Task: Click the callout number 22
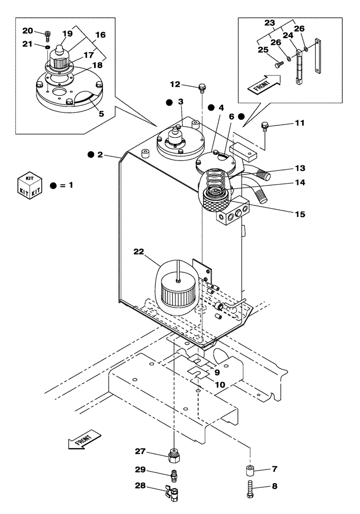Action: tap(139, 251)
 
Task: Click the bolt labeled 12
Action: tap(202, 87)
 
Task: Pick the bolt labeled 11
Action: tap(265, 125)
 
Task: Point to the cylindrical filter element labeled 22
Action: tap(176, 293)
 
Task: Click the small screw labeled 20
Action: tap(48, 35)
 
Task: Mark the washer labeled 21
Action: tap(47, 47)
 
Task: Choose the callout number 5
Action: tap(101, 114)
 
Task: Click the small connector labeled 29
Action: tap(174, 473)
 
